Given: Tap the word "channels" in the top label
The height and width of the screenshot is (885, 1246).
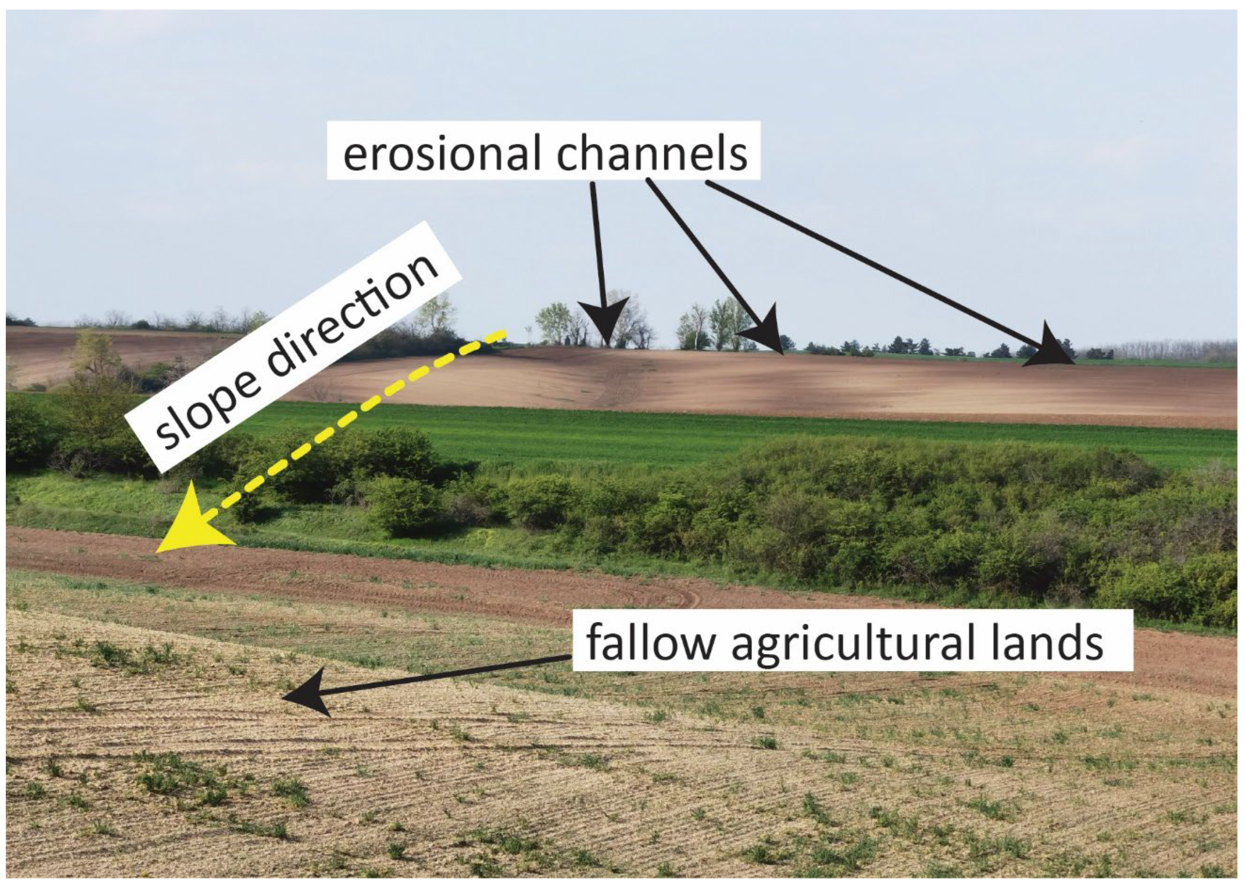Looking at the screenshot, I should point(651,154).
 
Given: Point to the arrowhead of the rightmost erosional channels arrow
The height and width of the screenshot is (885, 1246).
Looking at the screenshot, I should point(1049,349).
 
